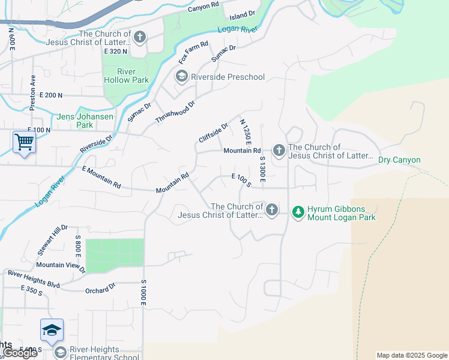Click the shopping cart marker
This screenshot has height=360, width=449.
click(24, 143)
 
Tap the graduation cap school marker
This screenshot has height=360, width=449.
click(52, 330)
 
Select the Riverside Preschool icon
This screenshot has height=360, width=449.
click(181, 76)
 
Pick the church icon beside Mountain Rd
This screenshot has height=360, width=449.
click(279, 150)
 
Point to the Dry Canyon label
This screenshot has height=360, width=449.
click(399, 160)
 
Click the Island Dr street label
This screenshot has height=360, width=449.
click(243, 12)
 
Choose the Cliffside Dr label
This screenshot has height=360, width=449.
click(214, 133)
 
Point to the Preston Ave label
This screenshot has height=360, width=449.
click(33, 93)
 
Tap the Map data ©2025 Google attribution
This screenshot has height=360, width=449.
click(411, 355)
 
